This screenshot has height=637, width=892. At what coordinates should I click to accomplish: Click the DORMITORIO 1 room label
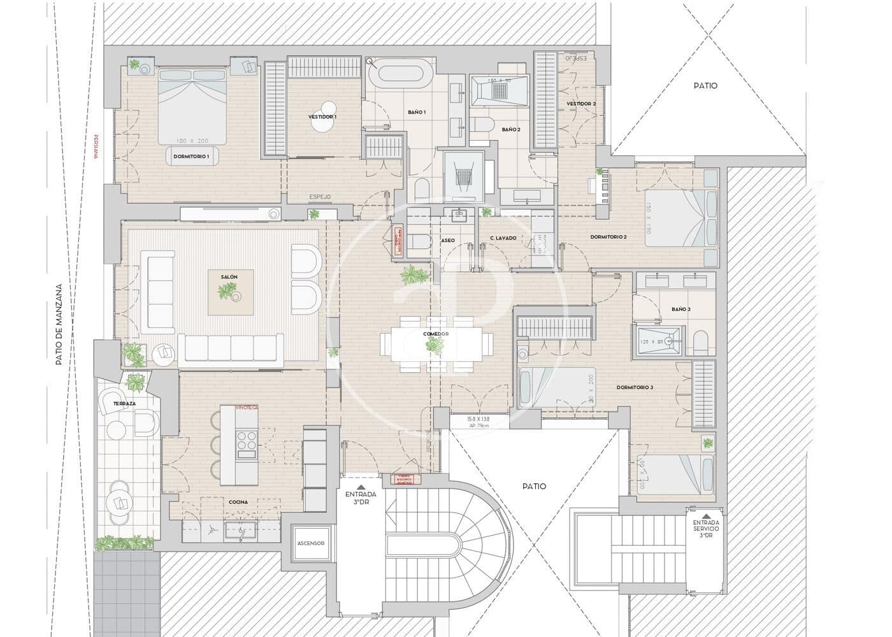[191, 156]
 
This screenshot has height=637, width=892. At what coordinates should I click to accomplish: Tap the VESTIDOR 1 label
[322, 117]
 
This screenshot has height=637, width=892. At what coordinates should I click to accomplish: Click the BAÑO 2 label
[511, 129]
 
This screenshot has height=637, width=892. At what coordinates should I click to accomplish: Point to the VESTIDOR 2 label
[581, 104]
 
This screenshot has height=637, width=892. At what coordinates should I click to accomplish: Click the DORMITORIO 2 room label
[608, 237]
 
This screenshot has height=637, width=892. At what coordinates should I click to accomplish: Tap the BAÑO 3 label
[680, 310]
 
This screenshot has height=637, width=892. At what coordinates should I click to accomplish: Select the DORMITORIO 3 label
[635, 387]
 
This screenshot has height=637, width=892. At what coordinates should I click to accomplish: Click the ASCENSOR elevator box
[311, 543]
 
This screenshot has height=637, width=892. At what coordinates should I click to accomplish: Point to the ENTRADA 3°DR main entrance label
[361, 497]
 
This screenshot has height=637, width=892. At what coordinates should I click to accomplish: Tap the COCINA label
[238, 502]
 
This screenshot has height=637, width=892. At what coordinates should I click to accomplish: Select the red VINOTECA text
[246, 407]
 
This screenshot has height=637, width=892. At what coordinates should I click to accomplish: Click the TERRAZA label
[123, 404]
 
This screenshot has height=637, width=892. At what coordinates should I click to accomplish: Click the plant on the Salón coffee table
[227, 292]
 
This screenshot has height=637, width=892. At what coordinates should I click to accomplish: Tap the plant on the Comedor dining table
[435, 345]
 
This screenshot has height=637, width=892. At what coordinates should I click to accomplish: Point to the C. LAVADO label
[503, 238]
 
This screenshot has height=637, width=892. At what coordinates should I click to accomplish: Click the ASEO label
[448, 240]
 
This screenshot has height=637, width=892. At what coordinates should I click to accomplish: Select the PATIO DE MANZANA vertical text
[59, 325]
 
